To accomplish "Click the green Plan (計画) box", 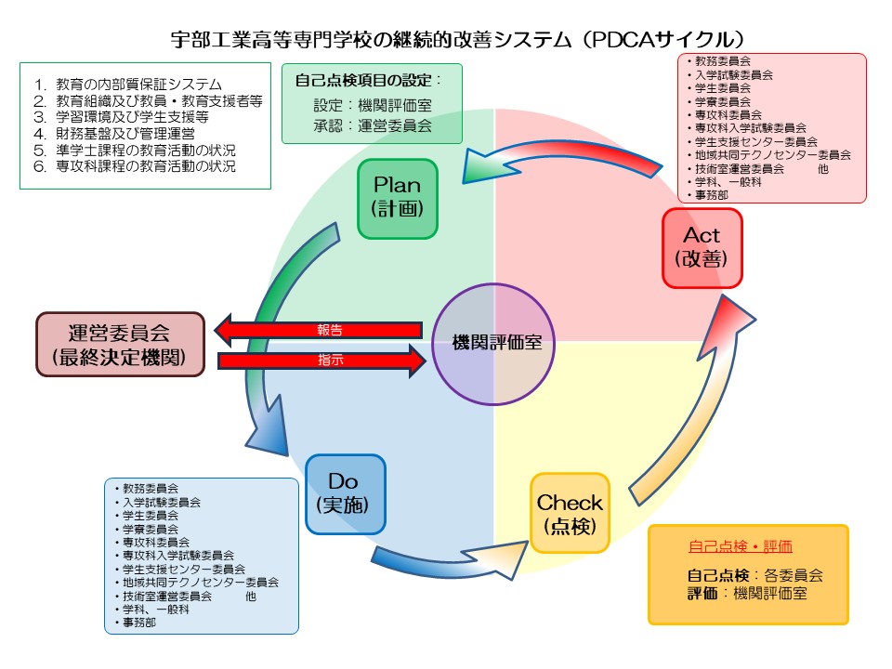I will click(398, 199).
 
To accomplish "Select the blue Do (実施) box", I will click(345, 493).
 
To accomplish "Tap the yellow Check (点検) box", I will click(570, 514).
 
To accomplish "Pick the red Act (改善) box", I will click(702, 247).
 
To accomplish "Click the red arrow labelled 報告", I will click(321, 329).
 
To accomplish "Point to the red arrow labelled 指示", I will click(321, 360).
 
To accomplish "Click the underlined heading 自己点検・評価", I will click(740, 546).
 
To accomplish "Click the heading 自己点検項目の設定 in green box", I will click(367, 81).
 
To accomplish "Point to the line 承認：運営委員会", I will click(373, 125).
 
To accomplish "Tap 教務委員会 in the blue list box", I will click(151, 487).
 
